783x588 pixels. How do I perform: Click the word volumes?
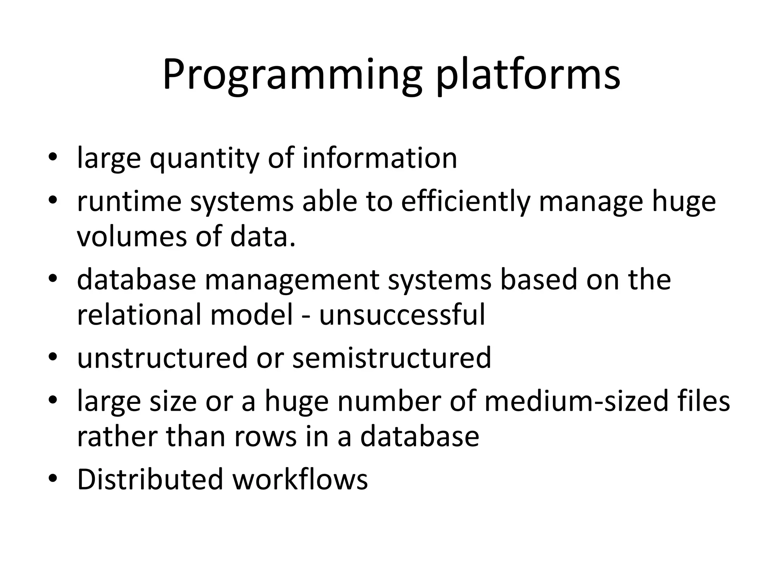(x=132, y=236)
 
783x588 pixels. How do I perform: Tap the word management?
(x=292, y=280)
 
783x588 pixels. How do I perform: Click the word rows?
(x=265, y=436)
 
